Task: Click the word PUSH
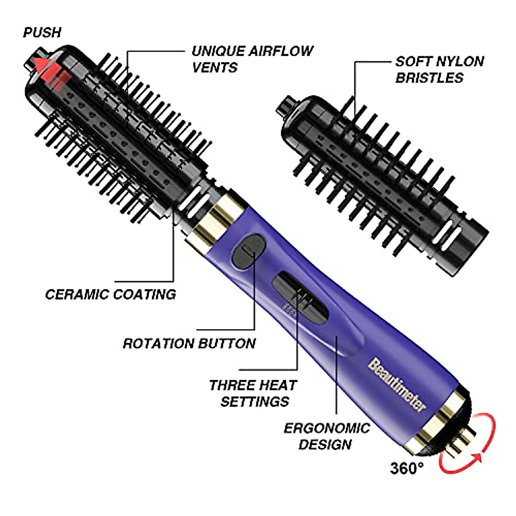coord(42,33)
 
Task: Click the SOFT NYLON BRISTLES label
coord(439,69)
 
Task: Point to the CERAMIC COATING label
coord(111,295)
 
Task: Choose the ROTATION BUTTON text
coord(189,344)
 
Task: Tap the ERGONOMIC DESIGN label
coord(326,436)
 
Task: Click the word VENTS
coord(214,68)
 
